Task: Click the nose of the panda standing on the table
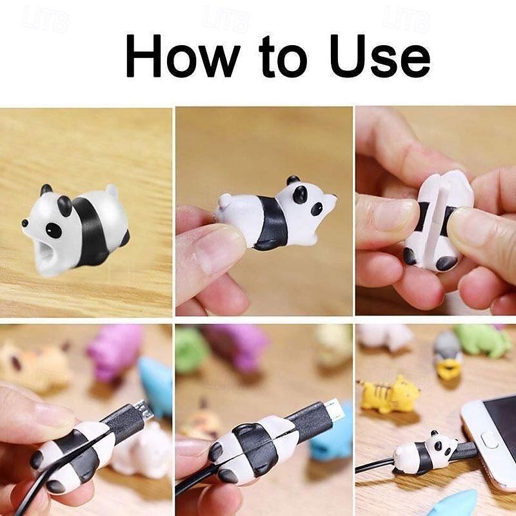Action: pyautogui.click(x=25, y=223)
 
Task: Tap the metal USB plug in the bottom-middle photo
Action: pyautogui.click(x=333, y=408)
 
